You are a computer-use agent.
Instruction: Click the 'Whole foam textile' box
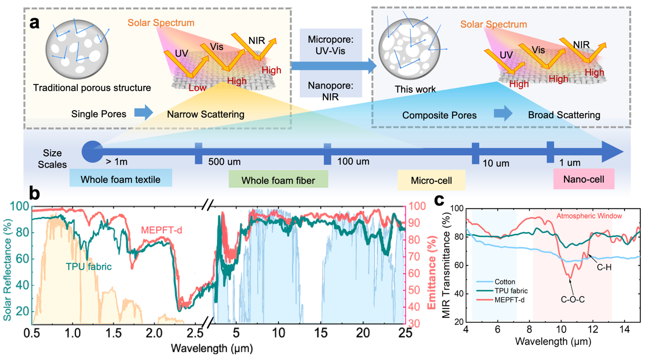coord(121,179)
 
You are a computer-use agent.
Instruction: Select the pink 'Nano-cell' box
coord(584,179)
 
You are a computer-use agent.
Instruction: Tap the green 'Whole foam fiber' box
coord(278,180)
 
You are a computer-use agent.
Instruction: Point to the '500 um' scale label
coord(225,162)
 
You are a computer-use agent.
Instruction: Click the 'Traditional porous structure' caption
coord(92,88)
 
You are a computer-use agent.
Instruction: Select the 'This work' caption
coord(415,90)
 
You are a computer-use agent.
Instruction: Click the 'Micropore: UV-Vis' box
coord(330,46)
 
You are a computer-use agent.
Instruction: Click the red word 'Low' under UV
coord(197,88)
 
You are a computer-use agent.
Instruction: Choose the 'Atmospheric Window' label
coord(589,216)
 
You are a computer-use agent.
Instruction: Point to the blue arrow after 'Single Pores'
coord(144,113)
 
